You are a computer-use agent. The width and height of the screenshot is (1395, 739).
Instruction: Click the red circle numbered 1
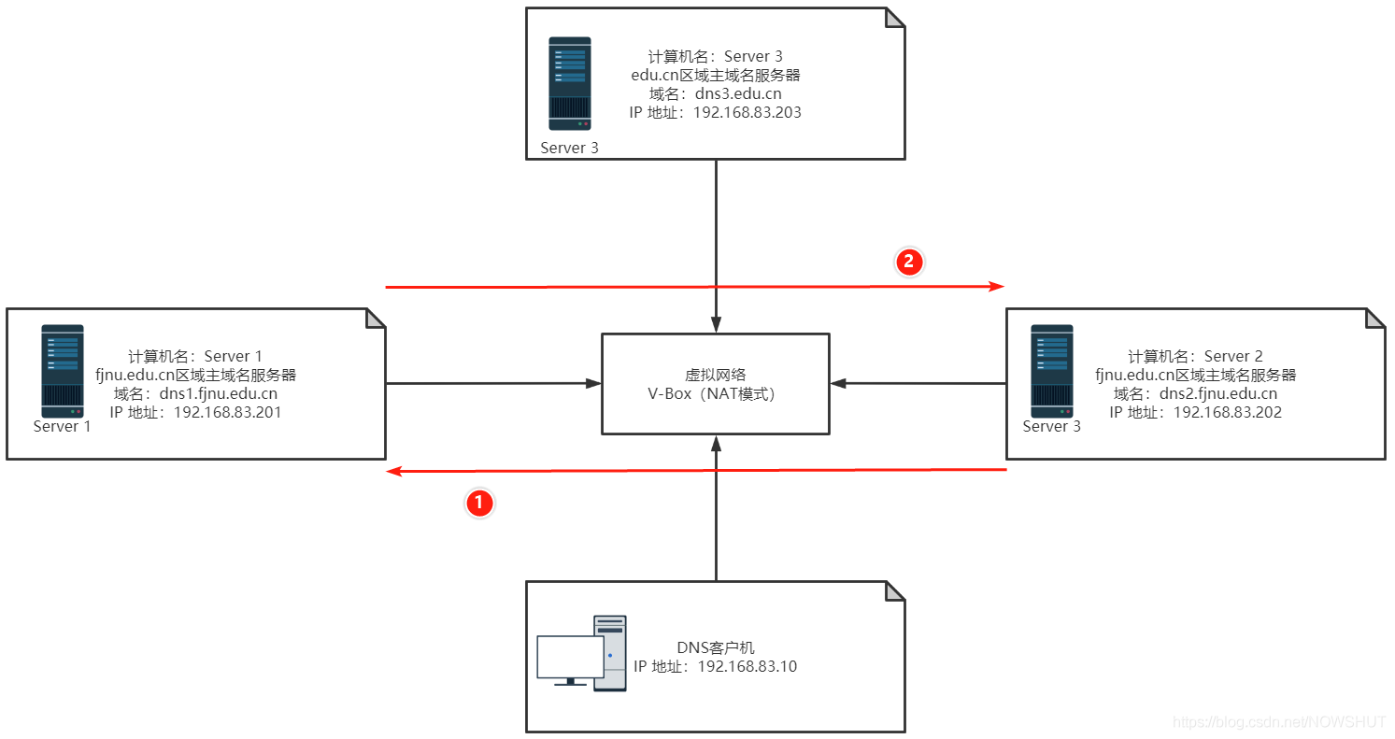pyautogui.click(x=479, y=504)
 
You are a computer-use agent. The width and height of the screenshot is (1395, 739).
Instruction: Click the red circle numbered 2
pyautogui.click(x=909, y=262)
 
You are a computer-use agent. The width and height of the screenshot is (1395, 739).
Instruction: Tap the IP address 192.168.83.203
pyautogui.click(x=748, y=112)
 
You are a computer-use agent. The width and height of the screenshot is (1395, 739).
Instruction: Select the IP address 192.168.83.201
pyautogui.click(x=227, y=412)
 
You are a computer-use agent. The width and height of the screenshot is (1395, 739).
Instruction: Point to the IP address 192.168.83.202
pyautogui.click(x=1228, y=412)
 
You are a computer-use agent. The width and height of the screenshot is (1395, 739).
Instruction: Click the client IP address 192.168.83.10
pyautogui.click(x=747, y=666)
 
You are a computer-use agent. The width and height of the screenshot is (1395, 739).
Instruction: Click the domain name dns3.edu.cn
pyautogui.click(x=738, y=93)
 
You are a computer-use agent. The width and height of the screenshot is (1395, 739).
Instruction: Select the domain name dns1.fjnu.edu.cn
pyautogui.click(x=218, y=393)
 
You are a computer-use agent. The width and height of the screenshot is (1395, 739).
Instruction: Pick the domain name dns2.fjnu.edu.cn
pyautogui.click(x=1218, y=393)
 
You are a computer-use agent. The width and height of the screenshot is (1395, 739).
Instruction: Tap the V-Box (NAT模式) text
pyautogui.click(x=715, y=393)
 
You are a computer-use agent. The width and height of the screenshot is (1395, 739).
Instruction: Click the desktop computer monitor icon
pyautogui.click(x=570, y=658)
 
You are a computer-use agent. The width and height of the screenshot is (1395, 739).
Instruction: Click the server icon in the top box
pyautogui.click(x=569, y=83)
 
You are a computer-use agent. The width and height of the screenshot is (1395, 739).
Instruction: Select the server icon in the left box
pyautogui.click(x=62, y=370)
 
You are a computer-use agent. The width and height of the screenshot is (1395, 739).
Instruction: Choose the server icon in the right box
pyautogui.click(x=1051, y=370)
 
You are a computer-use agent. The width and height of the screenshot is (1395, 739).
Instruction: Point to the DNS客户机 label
pyautogui.click(x=715, y=647)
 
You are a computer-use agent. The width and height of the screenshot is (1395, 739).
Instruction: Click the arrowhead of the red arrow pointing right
pyautogui.click(x=999, y=286)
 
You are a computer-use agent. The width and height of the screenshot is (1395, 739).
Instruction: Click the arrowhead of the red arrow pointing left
pyautogui.click(x=394, y=472)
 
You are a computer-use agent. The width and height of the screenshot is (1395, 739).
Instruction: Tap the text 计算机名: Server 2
pyautogui.click(x=1195, y=356)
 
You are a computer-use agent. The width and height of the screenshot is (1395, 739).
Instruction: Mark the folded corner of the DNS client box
pyautogui.click(x=895, y=591)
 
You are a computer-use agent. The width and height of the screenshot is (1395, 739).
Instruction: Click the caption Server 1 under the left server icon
pyautogui.click(x=62, y=426)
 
